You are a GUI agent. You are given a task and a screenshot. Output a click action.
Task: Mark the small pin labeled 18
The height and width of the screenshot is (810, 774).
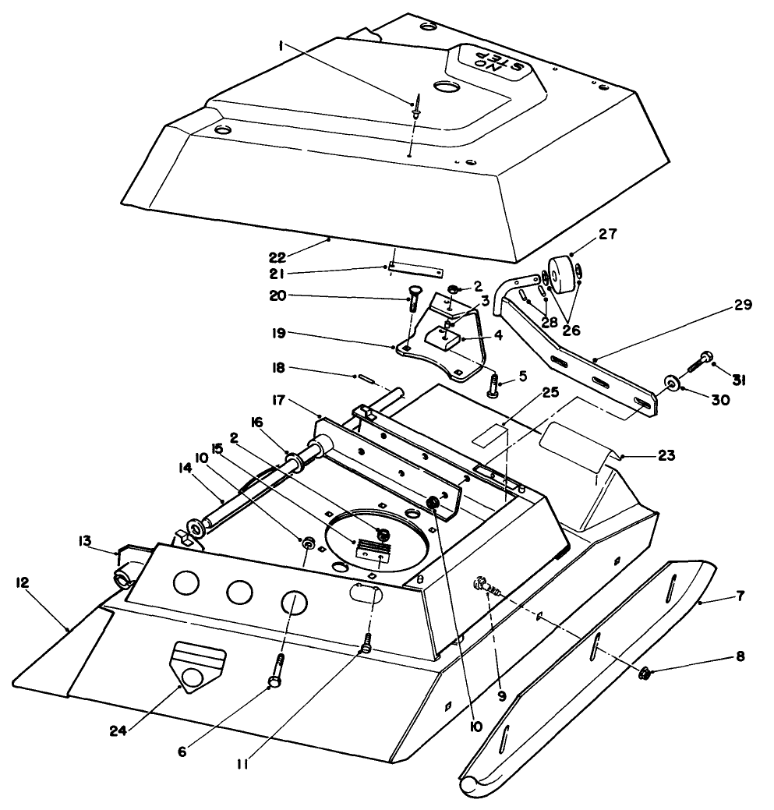[366, 379]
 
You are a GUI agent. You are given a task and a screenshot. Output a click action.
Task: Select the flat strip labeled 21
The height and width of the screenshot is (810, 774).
[415, 271]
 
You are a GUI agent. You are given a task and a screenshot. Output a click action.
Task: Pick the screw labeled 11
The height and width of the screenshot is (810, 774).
[366, 646]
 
